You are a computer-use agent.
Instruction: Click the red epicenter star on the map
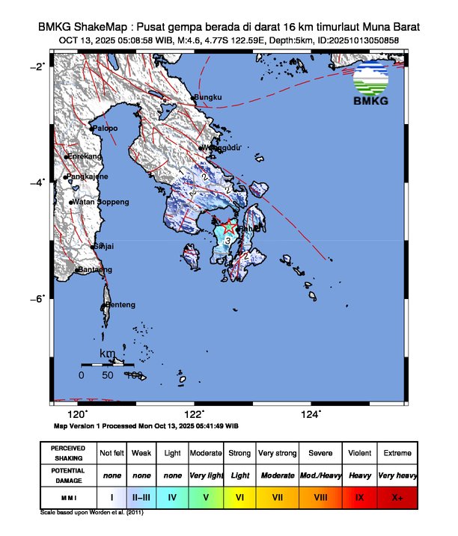coord(230,226)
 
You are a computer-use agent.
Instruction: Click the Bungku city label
coord(208,97)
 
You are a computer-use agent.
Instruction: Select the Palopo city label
coord(105,129)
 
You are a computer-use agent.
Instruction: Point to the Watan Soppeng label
coord(100,202)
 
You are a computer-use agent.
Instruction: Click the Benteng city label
coord(120,305)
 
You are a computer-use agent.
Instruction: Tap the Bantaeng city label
coord(94,269)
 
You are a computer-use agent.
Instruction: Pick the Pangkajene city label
coord(88,176)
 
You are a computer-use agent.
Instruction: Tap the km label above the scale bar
coord(108,353)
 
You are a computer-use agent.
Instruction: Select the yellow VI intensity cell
coord(239,496)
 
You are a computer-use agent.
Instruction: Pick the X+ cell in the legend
coord(396,496)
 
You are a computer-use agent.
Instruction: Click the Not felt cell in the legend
coord(112,453)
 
